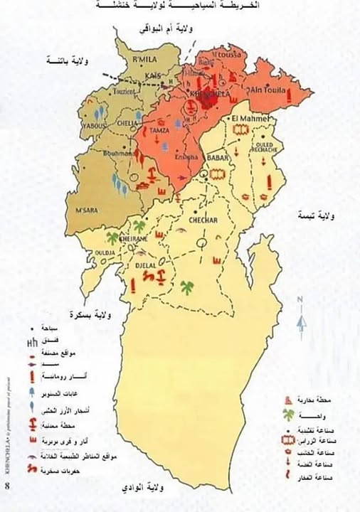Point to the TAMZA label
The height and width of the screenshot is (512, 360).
click(x=160, y=131)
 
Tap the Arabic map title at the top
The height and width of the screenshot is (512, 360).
click(x=181, y=6)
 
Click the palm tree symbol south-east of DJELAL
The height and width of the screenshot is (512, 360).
click(x=188, y=288)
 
